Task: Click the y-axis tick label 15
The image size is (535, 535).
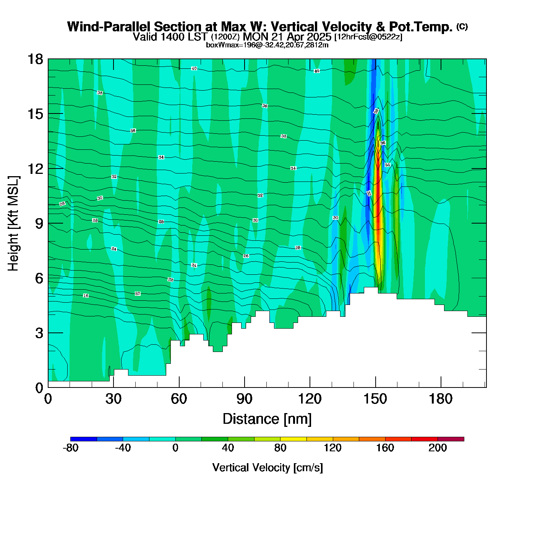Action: [35, 114]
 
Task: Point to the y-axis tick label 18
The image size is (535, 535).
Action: [35, 59]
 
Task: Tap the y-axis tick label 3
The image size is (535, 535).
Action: [39, 333]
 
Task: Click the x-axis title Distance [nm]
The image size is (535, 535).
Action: [267, 419]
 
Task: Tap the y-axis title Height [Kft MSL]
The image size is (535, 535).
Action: [13, 224]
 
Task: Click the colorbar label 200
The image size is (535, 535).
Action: [438, 448]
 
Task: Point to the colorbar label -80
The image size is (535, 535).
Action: [70, 448]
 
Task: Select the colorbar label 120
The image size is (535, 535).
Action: [332, 448]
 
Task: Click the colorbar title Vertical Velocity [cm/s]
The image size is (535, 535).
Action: [267, 468]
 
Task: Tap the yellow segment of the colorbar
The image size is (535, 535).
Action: [293, 439]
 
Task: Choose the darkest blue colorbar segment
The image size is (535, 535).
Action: [84, 439]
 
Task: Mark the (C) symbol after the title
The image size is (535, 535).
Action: [462, 26]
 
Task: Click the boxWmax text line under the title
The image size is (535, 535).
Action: [267, 45]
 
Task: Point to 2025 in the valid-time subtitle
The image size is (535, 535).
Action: [319, 37]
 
